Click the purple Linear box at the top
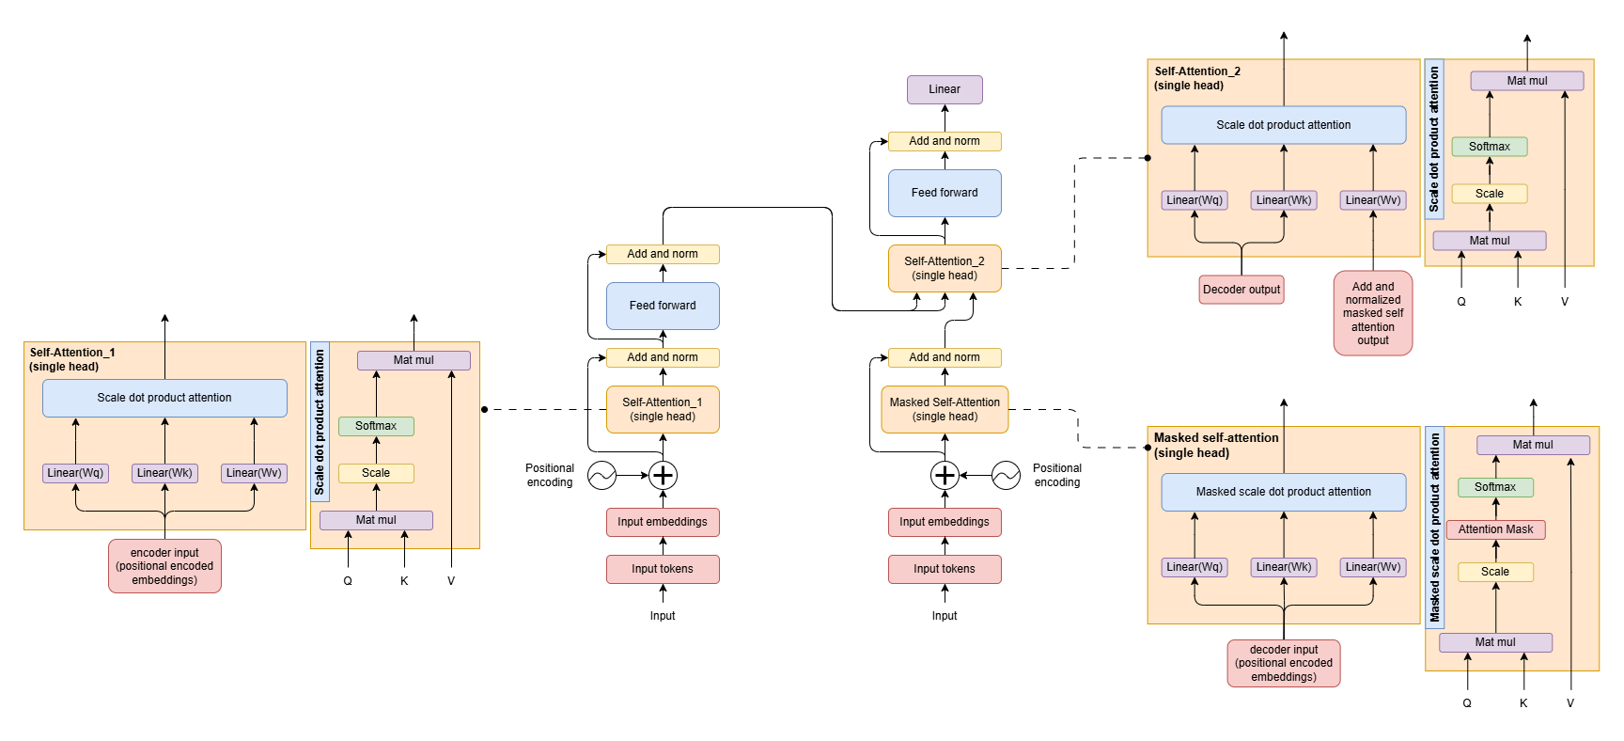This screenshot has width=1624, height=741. pyautogui.click(x=945, y=89)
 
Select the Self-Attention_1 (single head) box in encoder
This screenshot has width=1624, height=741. pyautogui.click(x=663, y=409)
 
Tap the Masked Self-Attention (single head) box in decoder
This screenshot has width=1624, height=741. pyautogui.click(x=945, y=409)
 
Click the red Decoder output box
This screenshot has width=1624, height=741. pyautogui.click(x=1241, y=290)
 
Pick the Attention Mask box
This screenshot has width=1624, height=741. pyautogui.click(x=1495, y=529)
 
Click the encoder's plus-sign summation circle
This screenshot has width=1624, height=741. pyautogui.click(x=663, y=475)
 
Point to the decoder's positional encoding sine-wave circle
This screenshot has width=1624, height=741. pyautogui.click(x=1006, y=475)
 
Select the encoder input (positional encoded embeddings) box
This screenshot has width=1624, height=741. pyautogui.click(x=164, y=566)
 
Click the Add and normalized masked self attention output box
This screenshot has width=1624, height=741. pyautogui.click(x=1373, y=313)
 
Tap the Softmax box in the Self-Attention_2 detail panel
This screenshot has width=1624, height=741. pyautogui.click(x=1490, y=147)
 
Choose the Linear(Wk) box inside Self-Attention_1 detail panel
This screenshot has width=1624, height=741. pyautogui.click(x=164, y=473)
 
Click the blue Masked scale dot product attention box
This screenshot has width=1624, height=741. pyautogui.click(x=1284, y=492)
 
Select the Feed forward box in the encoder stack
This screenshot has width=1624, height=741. pyautogui.click(x=663, y=306)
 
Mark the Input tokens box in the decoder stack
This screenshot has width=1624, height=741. pyautogui.click(x=945, y=569)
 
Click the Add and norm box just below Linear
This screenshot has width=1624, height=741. pyautogui.click(x=945, y=141)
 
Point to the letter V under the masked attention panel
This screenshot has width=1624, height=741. pyautogui.click(x=1569, y=703)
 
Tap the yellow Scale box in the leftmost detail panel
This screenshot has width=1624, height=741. pyautogui.click(x=376, y=473)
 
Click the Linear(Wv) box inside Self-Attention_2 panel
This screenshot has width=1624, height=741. pyautogui.click(x=1373, y=200)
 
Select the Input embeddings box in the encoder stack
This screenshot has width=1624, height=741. pyautogui.click(x=663, y=522)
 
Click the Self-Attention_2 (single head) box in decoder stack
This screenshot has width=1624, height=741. pyautogui.click(x=945, y=268)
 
